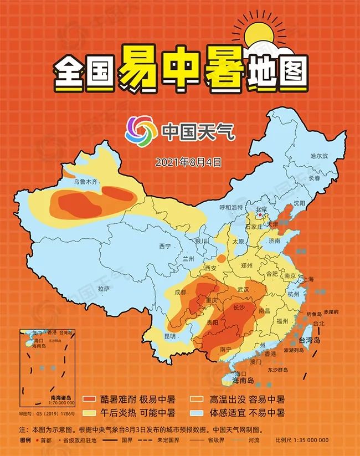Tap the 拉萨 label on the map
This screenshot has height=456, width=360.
pos(104,289)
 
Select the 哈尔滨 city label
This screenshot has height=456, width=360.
pos(320,156)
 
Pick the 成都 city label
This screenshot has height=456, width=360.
pos(181,292)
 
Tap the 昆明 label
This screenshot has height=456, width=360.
pos(169,336)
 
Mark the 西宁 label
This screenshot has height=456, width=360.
pos(164,245)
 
